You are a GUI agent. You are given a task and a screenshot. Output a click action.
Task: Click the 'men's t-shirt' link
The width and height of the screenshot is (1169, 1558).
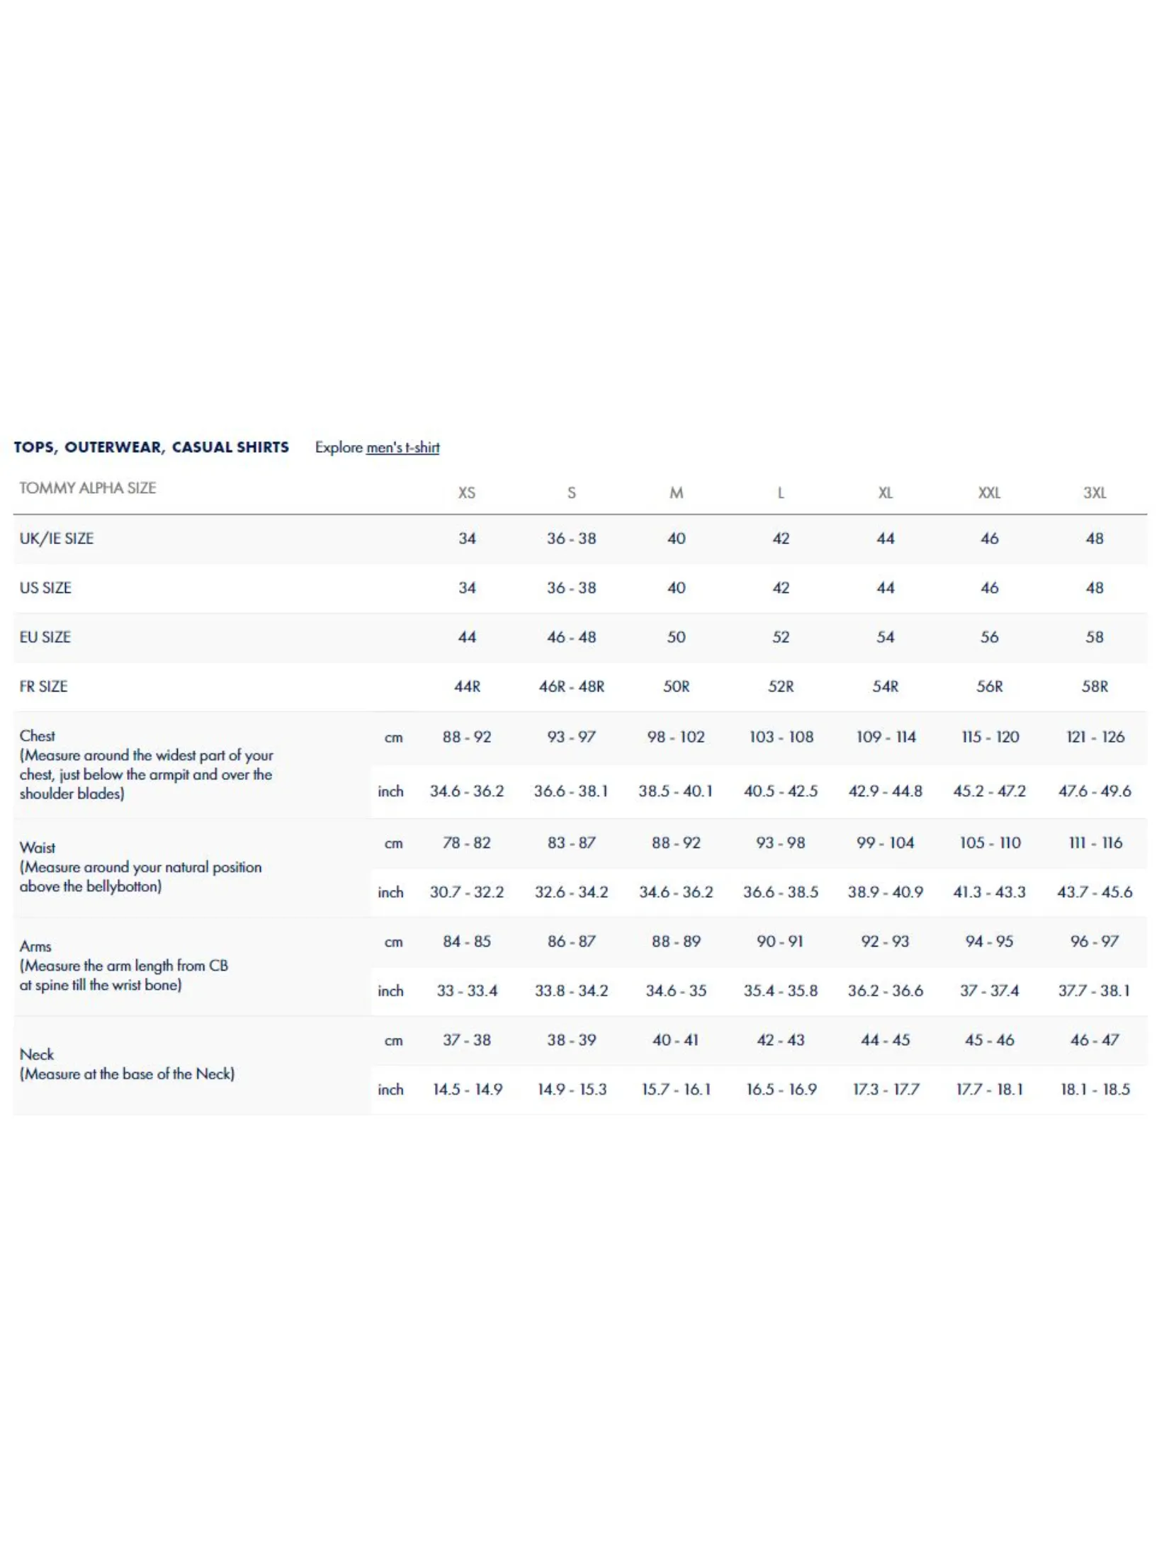pyautogui.click(x=402, y=448)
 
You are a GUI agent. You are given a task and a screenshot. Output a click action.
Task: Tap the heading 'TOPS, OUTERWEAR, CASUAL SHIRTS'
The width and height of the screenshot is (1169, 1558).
pyautogui.click(x=151, y=447)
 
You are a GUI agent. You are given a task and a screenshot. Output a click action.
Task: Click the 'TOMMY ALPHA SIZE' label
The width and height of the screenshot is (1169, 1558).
pyautogui.click(x=87, y=488)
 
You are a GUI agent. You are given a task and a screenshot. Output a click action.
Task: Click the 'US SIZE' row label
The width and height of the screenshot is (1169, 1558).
pyautogui.click(x=45, y=588)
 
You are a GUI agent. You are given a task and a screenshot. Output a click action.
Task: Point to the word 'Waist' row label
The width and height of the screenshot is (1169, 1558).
pyautogui.click(x=38, y=848)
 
